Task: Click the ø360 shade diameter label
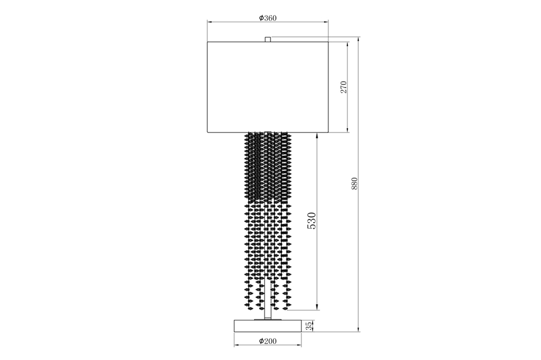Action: (x=268, y=18)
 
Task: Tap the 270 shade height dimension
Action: (x=344, y=88)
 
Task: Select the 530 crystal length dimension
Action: (x=312, y=221)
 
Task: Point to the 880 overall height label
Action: (x=354, y=184)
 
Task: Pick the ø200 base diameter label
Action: (x=268, y=341)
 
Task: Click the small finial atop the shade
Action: (x=267, y=39)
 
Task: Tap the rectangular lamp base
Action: (x=267, y=326)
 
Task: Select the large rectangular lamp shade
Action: (x=267, y=87)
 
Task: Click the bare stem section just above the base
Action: (x=267, y=314)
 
